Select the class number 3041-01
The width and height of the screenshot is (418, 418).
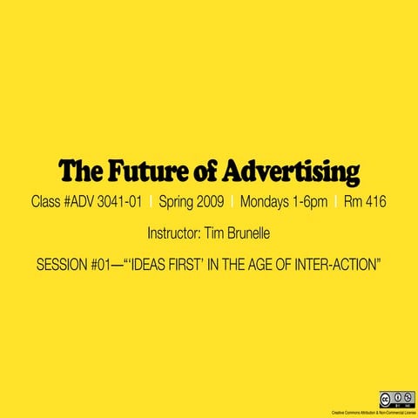[118, 202]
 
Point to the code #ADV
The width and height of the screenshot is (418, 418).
[76, 202]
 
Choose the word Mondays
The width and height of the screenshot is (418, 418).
[266, 202]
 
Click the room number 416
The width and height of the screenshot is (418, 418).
[376, 202]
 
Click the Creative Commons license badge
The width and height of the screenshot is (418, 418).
[396, 399]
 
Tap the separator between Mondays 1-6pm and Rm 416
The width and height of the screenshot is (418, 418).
[335, 202]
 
